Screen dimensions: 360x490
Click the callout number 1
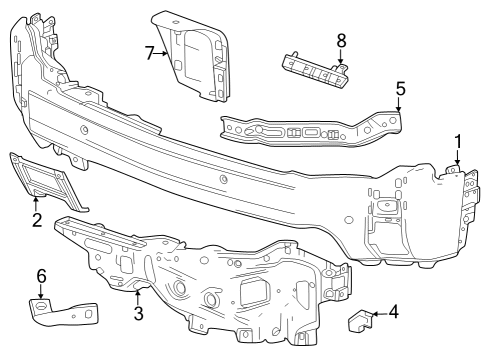pyautogui.click(x=458, y=141)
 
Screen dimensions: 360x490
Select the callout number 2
pyautogui.click(x=36, y=220)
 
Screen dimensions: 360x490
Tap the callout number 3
pyautogui.click(x=139, y=313)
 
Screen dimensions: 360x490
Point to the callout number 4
pyautogui.click(x=393, y=312)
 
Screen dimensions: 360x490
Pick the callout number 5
pyautogui.click(x=400, y=89)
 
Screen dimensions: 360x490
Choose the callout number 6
pyautogui.click(x=41, y=275)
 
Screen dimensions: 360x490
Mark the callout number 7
pyautogui.click(x=150, y=52)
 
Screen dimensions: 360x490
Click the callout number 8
pyautogui.click(x=341, y=43)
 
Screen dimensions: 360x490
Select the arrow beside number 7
pyautogui.click(x=166, y=53)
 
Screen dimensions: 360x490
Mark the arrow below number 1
pyautogui.click(x=456, y=162)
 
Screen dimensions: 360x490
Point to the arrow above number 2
pyautogui.click(x=37, y=202)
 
